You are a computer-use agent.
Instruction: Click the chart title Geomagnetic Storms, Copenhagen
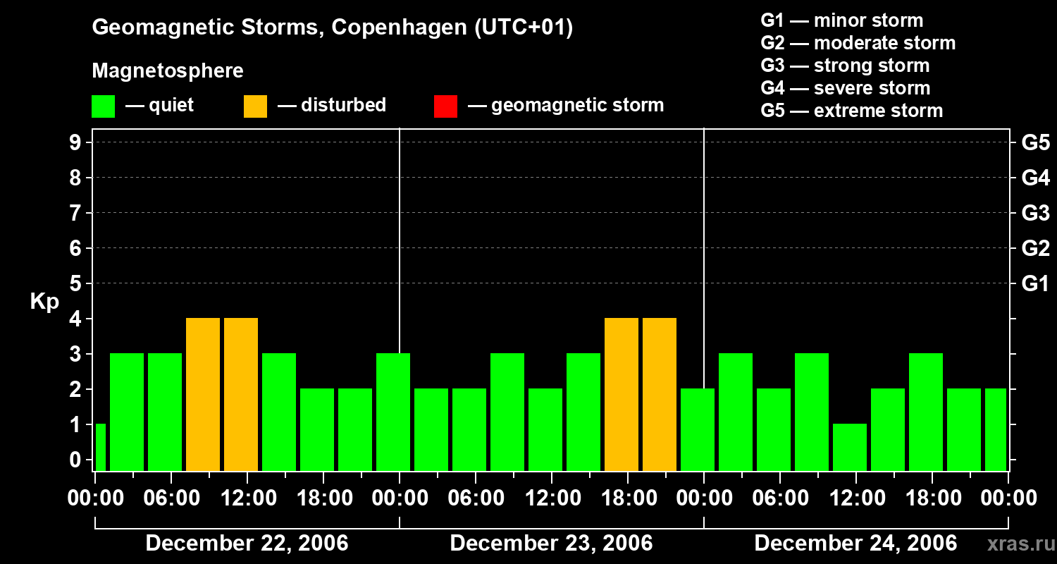coord(332,27)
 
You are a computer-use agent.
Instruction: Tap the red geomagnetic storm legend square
coord(445,106)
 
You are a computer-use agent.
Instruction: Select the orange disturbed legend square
coord(255,106)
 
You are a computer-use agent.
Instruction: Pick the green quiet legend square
coord(103,106)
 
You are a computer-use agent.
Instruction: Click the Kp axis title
coord(44,302)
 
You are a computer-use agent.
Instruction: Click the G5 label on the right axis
coord(1035,142)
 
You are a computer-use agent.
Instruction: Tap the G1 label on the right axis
coord(1035,283)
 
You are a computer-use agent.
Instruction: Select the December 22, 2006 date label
coord(247,543)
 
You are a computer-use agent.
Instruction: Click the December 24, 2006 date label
coord(855,543)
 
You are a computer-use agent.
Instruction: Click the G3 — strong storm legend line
coord(845,66)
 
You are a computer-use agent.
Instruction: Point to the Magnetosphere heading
coord(168,71)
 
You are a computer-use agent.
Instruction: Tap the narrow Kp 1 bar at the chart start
coord(100,447)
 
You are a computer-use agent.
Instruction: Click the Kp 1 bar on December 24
coord(850,447)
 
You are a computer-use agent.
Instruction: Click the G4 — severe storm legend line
coord(846,88)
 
